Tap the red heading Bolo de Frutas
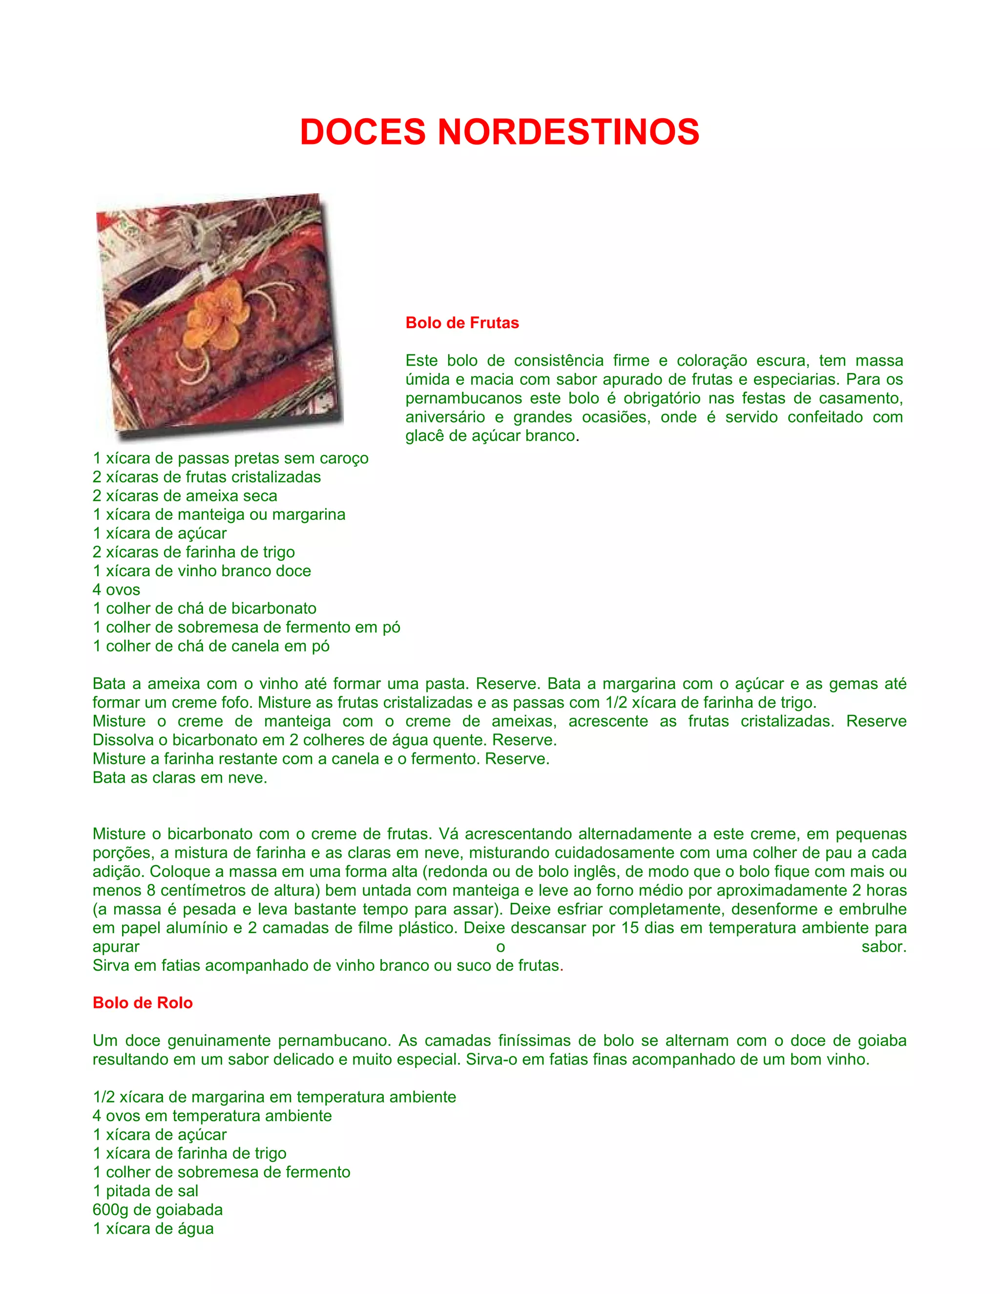(x=462, y=323)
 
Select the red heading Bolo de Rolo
(x=143, y=1002)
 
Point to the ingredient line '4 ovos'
(x=117, y=589)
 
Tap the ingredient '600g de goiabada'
(x=158, y=1210)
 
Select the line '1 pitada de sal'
(x=146, y=1191)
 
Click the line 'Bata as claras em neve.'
(x=180, y=778)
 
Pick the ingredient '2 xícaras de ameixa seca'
(x=185, y=496)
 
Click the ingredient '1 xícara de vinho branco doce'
(x=202, y=571)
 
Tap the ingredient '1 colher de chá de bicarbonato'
(x=205, y=608)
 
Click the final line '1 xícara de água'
(x=153, y=1229)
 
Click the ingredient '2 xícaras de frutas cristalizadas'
(x=207, y=477)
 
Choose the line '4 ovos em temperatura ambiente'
(x=212, y=1116)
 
